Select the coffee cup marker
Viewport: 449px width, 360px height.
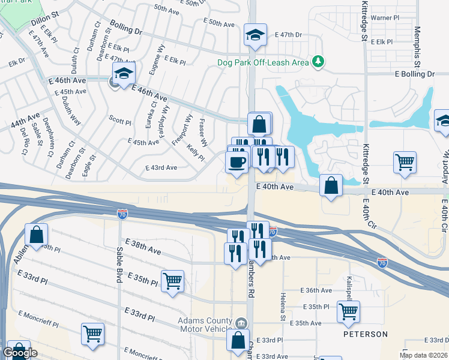[x=237, y=161]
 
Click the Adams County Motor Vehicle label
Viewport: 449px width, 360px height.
[x=205, y=325]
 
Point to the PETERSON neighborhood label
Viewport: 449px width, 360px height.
[x=366, y=334]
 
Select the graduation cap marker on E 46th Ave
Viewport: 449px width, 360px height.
[x=123, y=74]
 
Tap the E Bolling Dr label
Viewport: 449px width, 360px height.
[x=414, y=74]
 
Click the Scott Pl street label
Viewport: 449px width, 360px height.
[x=119, y=122]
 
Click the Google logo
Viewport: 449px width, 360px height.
[x=20, y=353]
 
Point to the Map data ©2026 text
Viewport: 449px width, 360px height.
[x=423, y=355]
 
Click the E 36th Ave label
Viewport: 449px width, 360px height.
[x=318, y=290]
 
